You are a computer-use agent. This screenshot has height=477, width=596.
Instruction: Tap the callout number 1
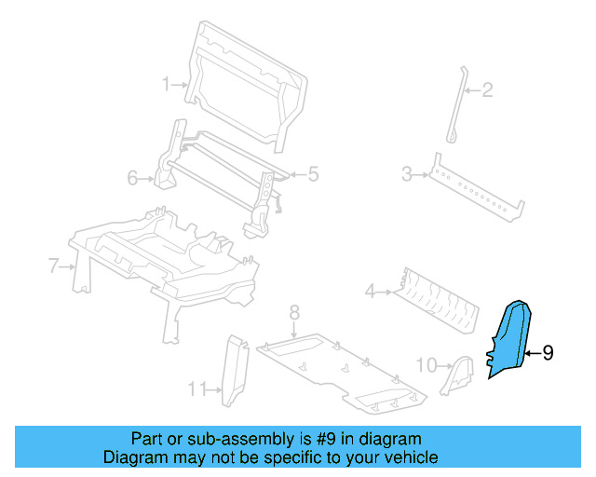[x=168, y=84]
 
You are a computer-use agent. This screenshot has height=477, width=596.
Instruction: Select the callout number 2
[x=487, y=90]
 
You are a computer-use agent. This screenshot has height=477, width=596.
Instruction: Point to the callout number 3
[x=407, y=173]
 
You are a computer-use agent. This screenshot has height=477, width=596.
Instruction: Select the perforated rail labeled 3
[x=475, y=191]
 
